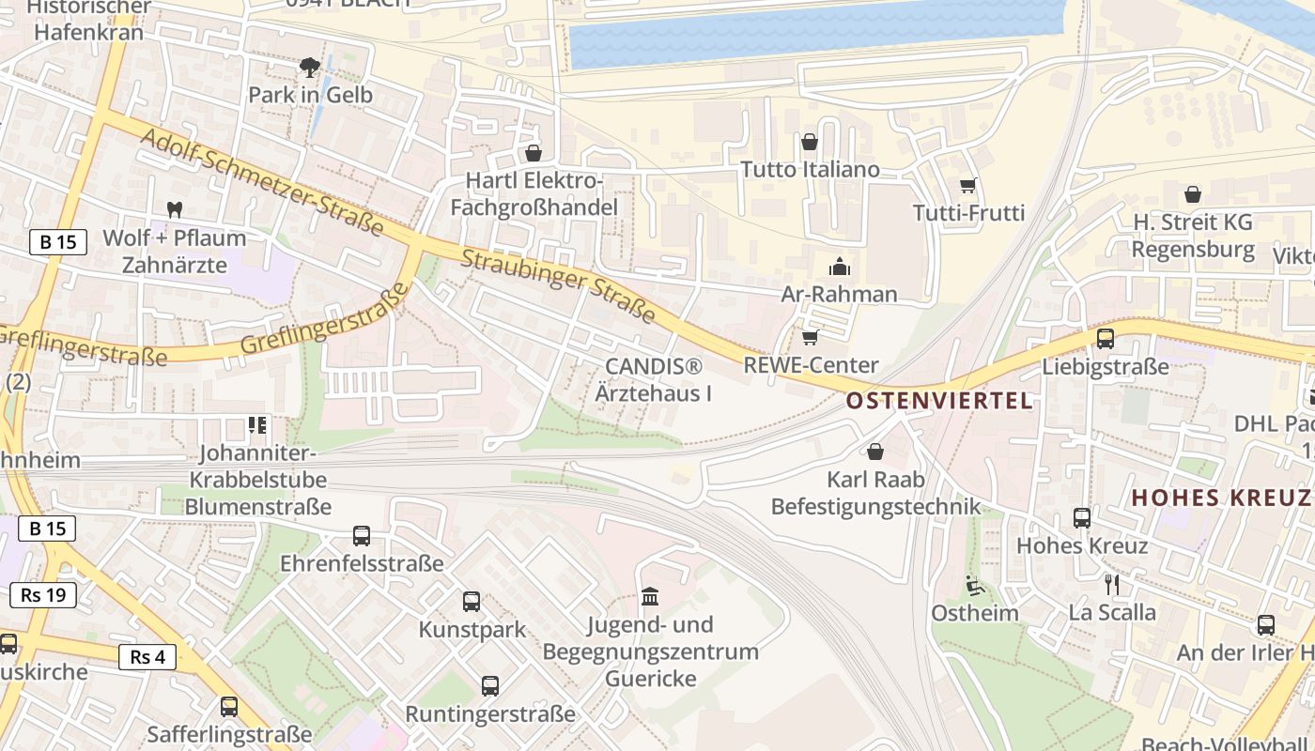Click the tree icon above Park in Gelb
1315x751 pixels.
309,67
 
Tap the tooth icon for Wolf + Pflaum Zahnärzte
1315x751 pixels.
174,209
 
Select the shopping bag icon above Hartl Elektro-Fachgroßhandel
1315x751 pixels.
534,152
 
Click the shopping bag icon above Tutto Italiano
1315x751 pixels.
810,142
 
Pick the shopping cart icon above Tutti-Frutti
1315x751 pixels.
968,185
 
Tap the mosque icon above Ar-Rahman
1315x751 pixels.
840,267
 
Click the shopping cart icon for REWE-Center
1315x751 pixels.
810,336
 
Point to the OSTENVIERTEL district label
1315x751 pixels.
938,401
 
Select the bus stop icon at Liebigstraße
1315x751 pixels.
1106,339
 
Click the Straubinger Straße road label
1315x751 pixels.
558,286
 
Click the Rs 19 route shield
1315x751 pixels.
43,594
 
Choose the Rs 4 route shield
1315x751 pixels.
147,656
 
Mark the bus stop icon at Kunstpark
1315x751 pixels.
472,602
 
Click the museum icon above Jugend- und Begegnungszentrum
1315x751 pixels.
650,596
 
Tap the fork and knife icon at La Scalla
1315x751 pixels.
1112,585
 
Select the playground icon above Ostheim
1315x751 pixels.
974,585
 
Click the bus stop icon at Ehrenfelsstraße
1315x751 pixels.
362,536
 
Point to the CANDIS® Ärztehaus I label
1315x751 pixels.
654,378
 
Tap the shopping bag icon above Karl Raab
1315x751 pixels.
875,452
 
